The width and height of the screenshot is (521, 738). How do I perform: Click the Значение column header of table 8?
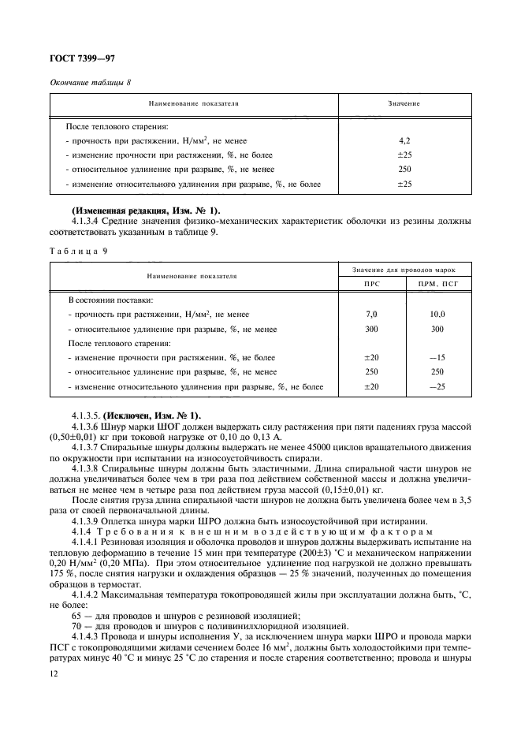coord(404,103)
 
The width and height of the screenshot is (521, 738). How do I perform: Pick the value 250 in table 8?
coord(404,170)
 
